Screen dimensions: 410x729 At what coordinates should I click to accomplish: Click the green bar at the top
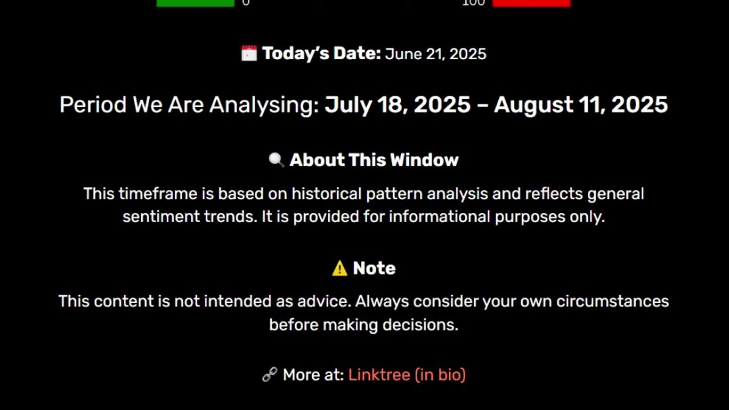coord(195,3)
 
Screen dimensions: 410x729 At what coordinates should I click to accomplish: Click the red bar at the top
coord(531,3)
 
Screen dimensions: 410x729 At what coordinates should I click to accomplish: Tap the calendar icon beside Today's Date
coord(249,54)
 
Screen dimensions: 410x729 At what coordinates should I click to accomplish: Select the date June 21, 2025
coord(436,54)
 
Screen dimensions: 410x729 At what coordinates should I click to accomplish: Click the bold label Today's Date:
coord(321,54)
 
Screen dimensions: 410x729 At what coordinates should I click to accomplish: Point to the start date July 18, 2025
coord(398,105)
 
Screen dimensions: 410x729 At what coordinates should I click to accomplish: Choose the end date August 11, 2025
coord(580,105)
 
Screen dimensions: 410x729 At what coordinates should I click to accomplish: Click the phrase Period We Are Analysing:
coord(189,105)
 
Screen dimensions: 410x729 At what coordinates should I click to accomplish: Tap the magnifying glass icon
coord(276,160)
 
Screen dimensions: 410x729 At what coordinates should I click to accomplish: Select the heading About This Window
coord(374,160)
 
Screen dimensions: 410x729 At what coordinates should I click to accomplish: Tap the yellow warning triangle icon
coord(339,268)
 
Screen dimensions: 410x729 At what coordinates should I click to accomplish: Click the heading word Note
coord(374,268)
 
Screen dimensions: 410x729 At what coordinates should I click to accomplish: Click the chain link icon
coord(269,375)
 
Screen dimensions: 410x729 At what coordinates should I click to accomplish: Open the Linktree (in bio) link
coord(407,375)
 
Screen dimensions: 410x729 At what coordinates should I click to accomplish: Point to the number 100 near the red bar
coord(473,3)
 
